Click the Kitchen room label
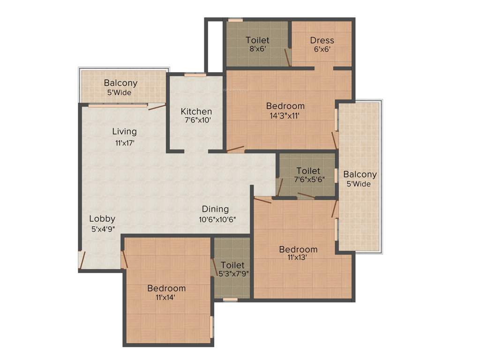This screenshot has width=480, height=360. click(x=196, y=112)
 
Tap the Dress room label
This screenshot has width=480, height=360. click(x=322, y=40)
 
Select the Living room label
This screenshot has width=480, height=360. click(x=124, y=131)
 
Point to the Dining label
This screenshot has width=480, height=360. click(x=215, y=209)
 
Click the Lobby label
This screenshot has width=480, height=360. click(x=102, y=218)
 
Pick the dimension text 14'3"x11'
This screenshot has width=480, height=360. click(x=285, y=115)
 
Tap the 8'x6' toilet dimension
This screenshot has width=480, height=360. click(x=257, y=49)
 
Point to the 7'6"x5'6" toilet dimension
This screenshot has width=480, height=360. click(x=309, y=180)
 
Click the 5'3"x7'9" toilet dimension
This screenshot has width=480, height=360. click(x=233, y=274)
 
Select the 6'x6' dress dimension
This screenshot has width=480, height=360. click(x=322, y=49)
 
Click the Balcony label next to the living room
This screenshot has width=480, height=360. click(x=121, y=83)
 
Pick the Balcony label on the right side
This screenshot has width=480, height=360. click(x=360, y=174)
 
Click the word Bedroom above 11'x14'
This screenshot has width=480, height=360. click(x=166, y=288)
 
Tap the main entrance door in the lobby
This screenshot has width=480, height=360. click(x=82, y=261)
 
